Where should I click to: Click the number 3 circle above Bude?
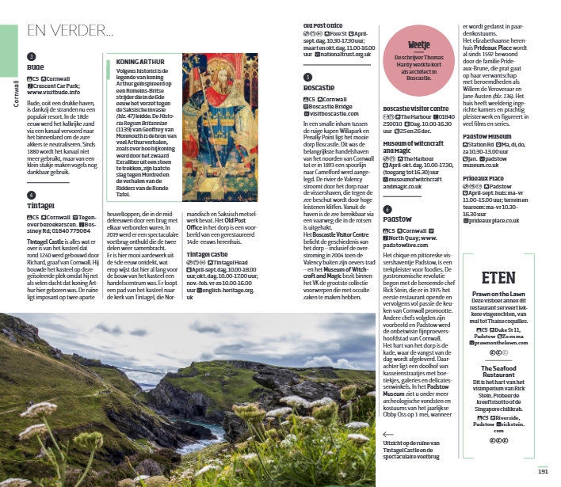tap(31, 57)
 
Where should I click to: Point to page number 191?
tap(544, 471)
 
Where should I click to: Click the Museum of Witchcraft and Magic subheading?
tap(413, 147)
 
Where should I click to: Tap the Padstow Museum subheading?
tap(487, 136)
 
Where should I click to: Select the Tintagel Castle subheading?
tap(208, 254)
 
